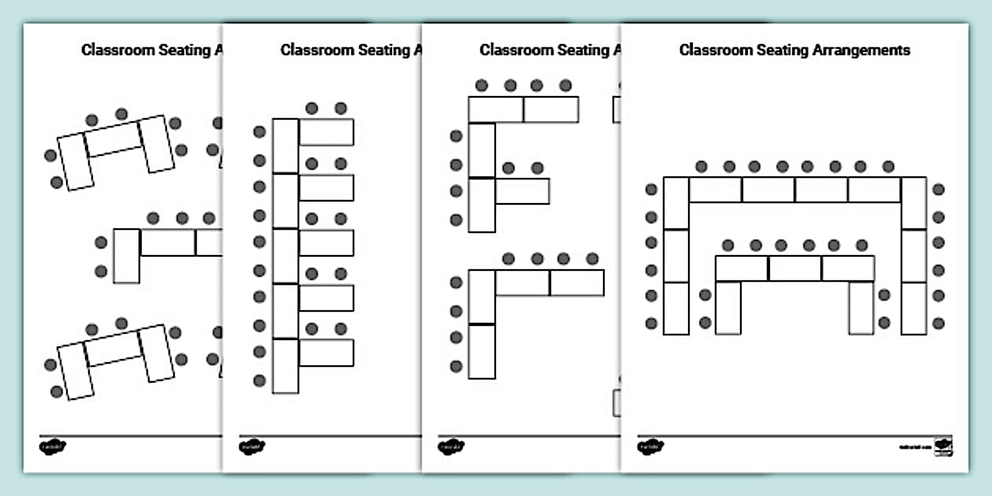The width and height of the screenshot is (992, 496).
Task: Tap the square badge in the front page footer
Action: (943, 446)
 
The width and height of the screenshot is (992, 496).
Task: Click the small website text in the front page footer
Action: (915, 447)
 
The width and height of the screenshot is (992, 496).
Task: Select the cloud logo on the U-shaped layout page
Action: (650, 446)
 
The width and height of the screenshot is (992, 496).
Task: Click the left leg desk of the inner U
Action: (728, 307)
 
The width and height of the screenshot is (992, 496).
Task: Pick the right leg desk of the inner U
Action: (861, 307)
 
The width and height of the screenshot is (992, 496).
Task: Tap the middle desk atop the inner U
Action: (794, 268)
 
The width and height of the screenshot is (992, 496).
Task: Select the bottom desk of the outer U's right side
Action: (914, 308)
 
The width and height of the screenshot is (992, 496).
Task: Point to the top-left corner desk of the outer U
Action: (676, 202)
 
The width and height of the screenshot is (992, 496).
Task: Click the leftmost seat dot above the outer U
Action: (701, 166)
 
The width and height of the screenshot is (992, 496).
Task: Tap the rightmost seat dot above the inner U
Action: (862, 245)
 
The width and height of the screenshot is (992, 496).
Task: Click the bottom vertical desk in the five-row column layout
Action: (286, 365)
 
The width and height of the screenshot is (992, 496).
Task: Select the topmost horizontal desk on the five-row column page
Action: (326, 132)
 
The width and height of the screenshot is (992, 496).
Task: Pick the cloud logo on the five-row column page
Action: (251, 446)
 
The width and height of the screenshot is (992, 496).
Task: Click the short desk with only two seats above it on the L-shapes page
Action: (522, 191)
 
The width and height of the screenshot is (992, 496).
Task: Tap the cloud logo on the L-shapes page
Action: (450, 446)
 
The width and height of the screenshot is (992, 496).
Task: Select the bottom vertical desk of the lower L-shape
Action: (482, 351)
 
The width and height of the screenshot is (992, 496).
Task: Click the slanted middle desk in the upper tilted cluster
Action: (113, 139)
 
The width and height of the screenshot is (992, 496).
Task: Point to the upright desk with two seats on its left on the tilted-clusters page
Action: (126, 255)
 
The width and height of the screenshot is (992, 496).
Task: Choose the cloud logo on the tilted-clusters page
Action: (52, 446)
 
